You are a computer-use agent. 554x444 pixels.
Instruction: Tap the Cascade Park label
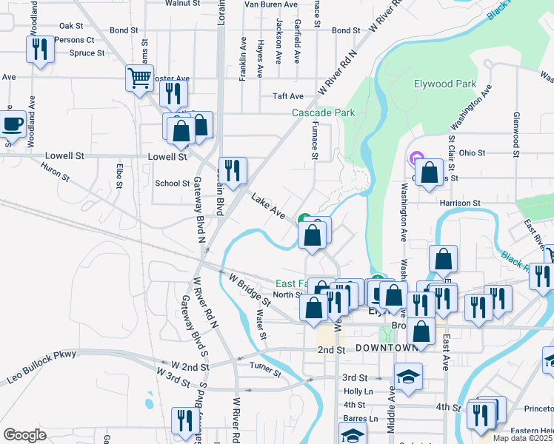[323, 112]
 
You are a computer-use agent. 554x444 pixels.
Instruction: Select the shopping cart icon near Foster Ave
[139, 78]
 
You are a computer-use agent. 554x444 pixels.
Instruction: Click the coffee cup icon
[13, 124]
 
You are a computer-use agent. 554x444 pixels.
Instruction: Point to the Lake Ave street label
[268, 206]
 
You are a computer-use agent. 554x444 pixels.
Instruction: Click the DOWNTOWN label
[387, 348]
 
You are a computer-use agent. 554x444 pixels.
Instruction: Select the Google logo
[24, 434]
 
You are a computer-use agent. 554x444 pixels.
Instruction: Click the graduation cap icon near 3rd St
[408, 376]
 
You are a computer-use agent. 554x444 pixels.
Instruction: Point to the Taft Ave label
[287, 96]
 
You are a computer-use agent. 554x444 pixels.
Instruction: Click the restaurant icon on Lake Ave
[233, 169]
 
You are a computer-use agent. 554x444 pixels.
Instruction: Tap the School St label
[172, 183]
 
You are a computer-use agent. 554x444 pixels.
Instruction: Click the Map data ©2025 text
[522, 438]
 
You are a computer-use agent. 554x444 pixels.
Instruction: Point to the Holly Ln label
[357, 391]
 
